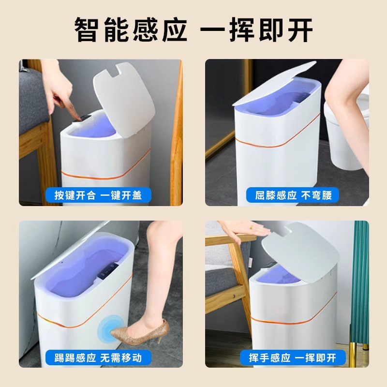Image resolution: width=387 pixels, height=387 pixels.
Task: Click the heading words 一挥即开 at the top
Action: point(257,30)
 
